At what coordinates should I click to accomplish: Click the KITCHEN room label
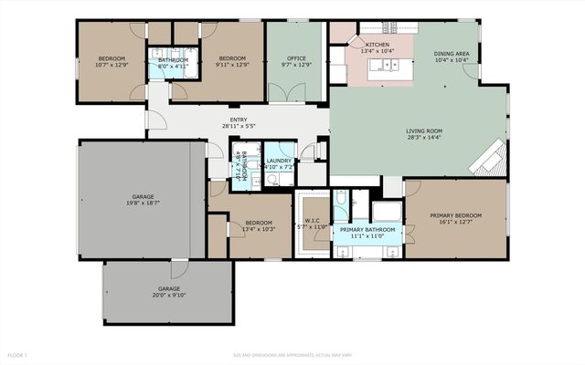pyautogui.click(x=378, y=44)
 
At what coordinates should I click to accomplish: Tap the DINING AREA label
pyautogui.click(x=452, y=55)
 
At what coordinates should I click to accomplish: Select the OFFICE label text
pyautogui.click(x=295, y=58)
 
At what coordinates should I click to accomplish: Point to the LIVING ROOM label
pyautogui.click(x=423, y=131)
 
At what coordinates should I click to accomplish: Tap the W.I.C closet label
pyautogui.click(x=311, y=223)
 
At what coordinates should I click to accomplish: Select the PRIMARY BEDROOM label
pyautogui.click(x=460, y=215)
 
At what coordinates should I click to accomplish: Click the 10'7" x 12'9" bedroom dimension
pyautogui.click(x=112, y=65)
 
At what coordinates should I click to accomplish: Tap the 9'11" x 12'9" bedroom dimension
pyautogui.click(x=233, y=65)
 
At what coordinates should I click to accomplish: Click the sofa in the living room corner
pyautogui.click(x=491, y=160)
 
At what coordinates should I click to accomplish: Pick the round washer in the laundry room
pyautogui.click(x=271, y=180)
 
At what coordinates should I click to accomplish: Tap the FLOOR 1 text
pyautogui.click(x=17, y=354)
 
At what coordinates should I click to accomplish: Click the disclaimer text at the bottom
pyautogui.click(x=292, y=354)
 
